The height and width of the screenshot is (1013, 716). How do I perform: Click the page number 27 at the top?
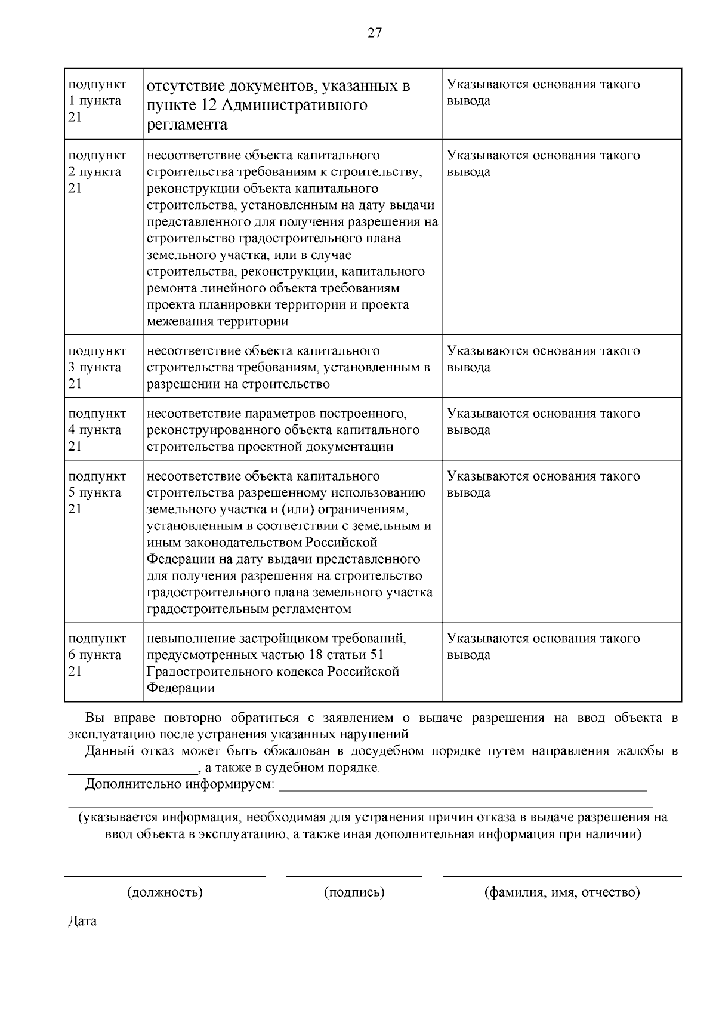374,33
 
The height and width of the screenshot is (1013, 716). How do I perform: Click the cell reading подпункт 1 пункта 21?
97,101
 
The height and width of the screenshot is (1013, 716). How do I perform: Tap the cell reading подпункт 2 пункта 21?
97,172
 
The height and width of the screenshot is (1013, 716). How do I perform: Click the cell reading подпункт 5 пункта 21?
97,492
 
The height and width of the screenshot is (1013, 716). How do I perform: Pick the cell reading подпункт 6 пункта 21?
97,655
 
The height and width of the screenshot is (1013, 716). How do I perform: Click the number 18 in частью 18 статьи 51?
316,655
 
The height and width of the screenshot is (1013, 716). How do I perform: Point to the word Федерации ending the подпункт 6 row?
181,688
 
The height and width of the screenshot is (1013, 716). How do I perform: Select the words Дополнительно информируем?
180,784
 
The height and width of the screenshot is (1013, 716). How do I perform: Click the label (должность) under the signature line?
165,892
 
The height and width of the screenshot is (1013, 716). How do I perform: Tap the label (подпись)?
354,892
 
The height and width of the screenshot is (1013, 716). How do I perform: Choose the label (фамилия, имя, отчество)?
561,892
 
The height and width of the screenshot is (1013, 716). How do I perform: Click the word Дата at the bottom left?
82,921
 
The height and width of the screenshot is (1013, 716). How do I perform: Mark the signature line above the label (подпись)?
354,876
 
